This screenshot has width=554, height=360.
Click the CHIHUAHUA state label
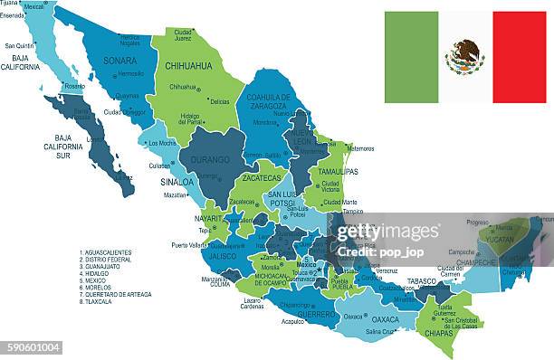(x=188, y=66)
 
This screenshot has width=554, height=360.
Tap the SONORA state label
(x=121, y=61)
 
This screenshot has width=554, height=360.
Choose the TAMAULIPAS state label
(x=337, y=171)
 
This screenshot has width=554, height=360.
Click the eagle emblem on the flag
(x=464, y=57)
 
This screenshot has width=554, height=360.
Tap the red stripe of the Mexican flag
(x=519, y=57)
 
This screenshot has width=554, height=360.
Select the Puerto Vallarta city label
(x=193, y=245)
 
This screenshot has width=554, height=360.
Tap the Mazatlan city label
(x=175, y=194)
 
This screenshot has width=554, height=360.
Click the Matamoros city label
(x=359, y=148)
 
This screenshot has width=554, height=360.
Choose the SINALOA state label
(x=177, y=182)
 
